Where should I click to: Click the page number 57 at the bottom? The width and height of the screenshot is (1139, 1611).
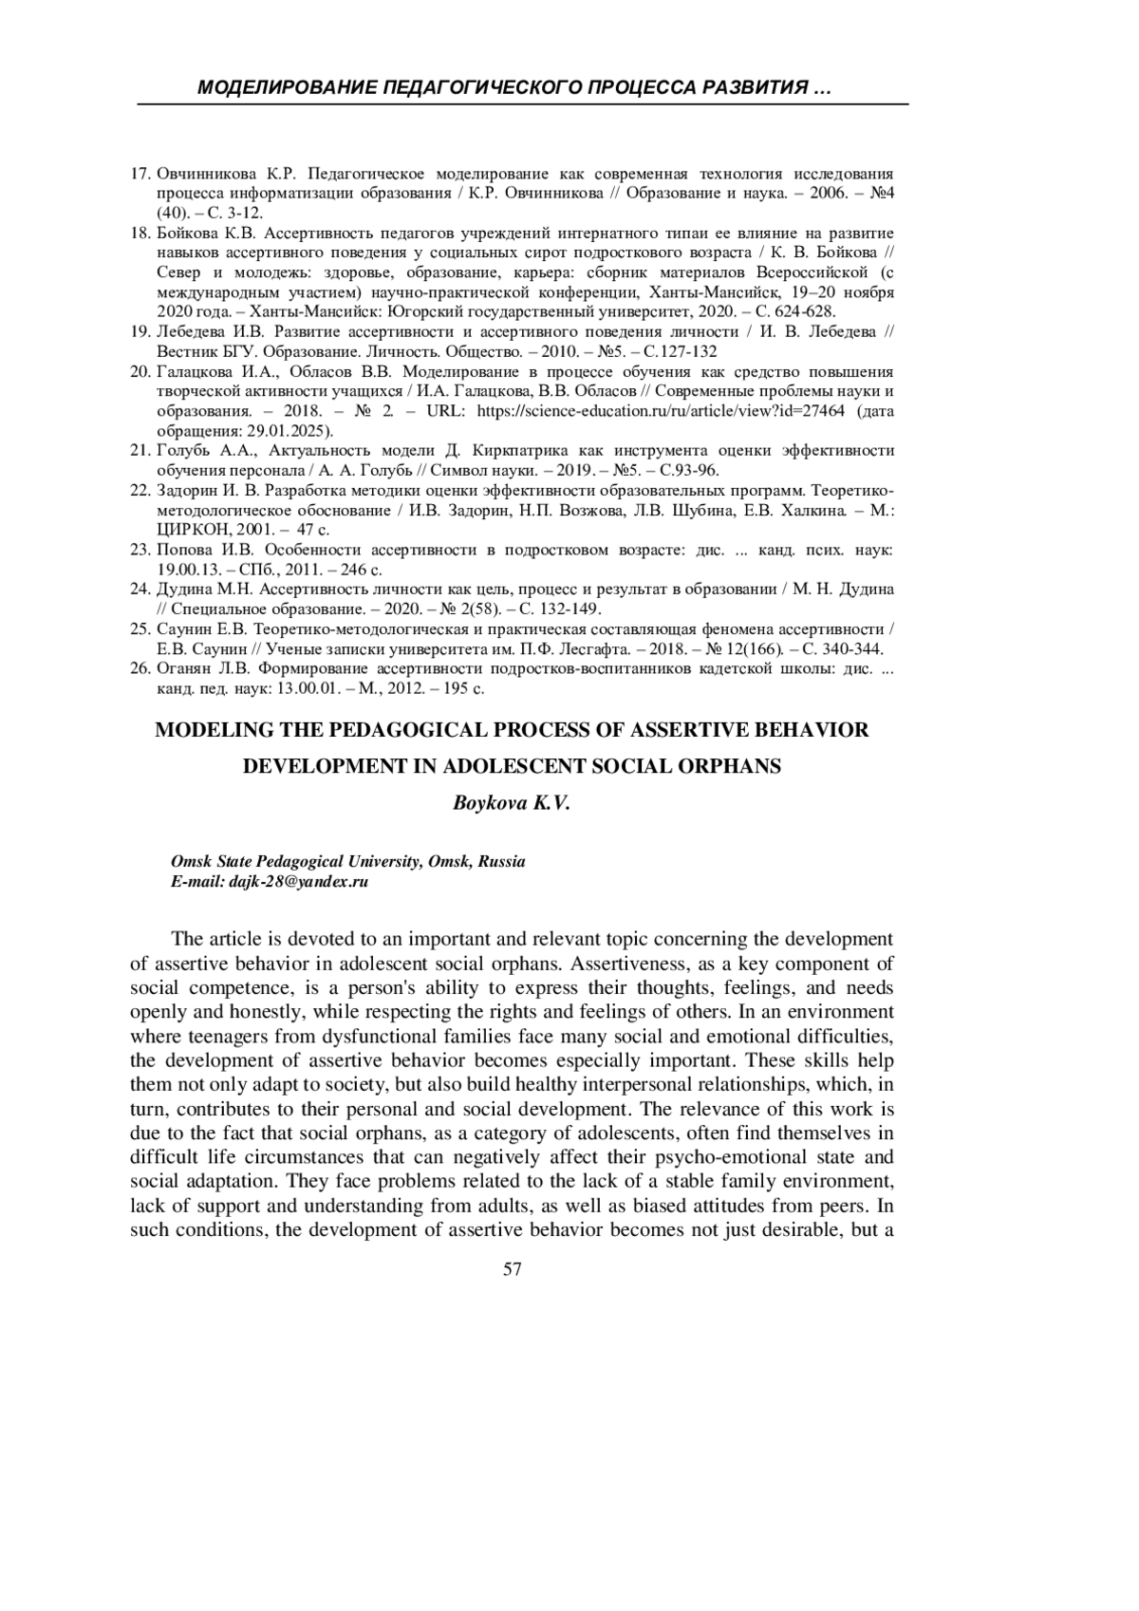click(513, 1270)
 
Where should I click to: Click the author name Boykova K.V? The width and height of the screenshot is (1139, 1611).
click(513, 802)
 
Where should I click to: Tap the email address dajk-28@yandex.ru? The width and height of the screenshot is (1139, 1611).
click(299, 881)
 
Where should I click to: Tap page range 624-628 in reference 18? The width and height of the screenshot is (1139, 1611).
click(804, 311)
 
